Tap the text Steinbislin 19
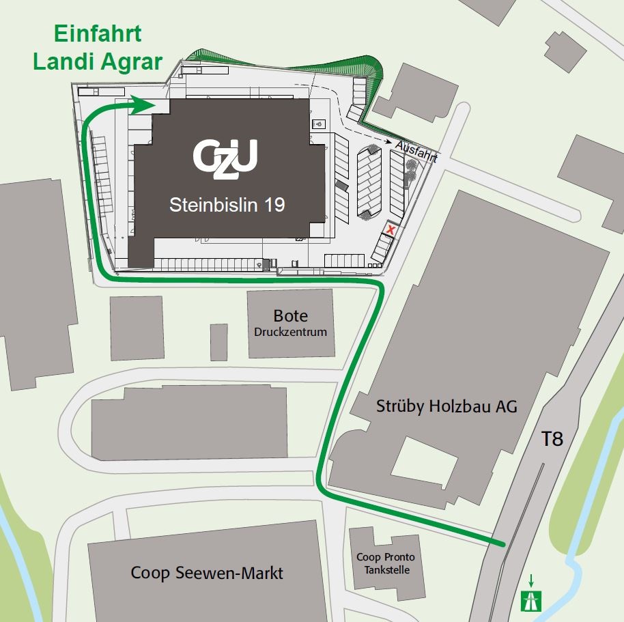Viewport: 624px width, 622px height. tap(227, 204)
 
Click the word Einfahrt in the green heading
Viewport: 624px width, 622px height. tap(88, 33)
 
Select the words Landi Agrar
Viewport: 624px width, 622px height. tap(98, 62)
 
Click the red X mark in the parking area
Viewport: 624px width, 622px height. tap(391, 230)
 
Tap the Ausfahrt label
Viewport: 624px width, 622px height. tap(416, 151)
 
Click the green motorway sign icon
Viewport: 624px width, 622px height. tap(530, 600)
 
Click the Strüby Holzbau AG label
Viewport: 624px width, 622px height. tap(446, 407)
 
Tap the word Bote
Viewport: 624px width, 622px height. tap(290, 316)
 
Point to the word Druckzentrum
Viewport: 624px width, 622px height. tap(290, 333)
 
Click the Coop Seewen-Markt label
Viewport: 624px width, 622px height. tap(207, 573)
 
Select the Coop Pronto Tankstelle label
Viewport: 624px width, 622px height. tap(385, 563)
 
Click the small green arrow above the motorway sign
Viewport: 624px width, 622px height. tap(530, 580)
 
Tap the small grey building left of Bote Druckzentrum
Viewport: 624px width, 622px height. tap(218, 342)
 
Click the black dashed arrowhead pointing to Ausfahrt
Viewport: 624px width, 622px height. tap(397, 144)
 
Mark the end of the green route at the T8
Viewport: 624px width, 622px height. tap(504, 544)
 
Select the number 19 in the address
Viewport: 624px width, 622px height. tap(274, 204)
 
